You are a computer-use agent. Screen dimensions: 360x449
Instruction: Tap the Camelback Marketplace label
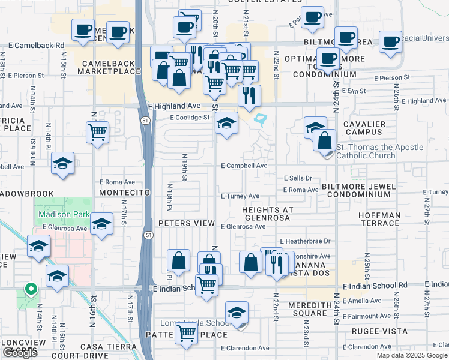(x=108, y=66)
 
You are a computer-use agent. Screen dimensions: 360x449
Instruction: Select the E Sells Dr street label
(x=298, y=178)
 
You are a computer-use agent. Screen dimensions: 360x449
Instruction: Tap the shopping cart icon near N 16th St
(x=97, y=131)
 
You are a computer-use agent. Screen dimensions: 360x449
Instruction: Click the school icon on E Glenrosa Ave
(x=102, y=224)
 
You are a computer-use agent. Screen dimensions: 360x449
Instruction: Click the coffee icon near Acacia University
(x=391, y=41)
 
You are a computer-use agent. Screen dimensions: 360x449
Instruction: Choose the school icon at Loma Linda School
(x=237, y=313)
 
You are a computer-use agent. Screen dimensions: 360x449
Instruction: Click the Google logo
(x=20, y=353)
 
